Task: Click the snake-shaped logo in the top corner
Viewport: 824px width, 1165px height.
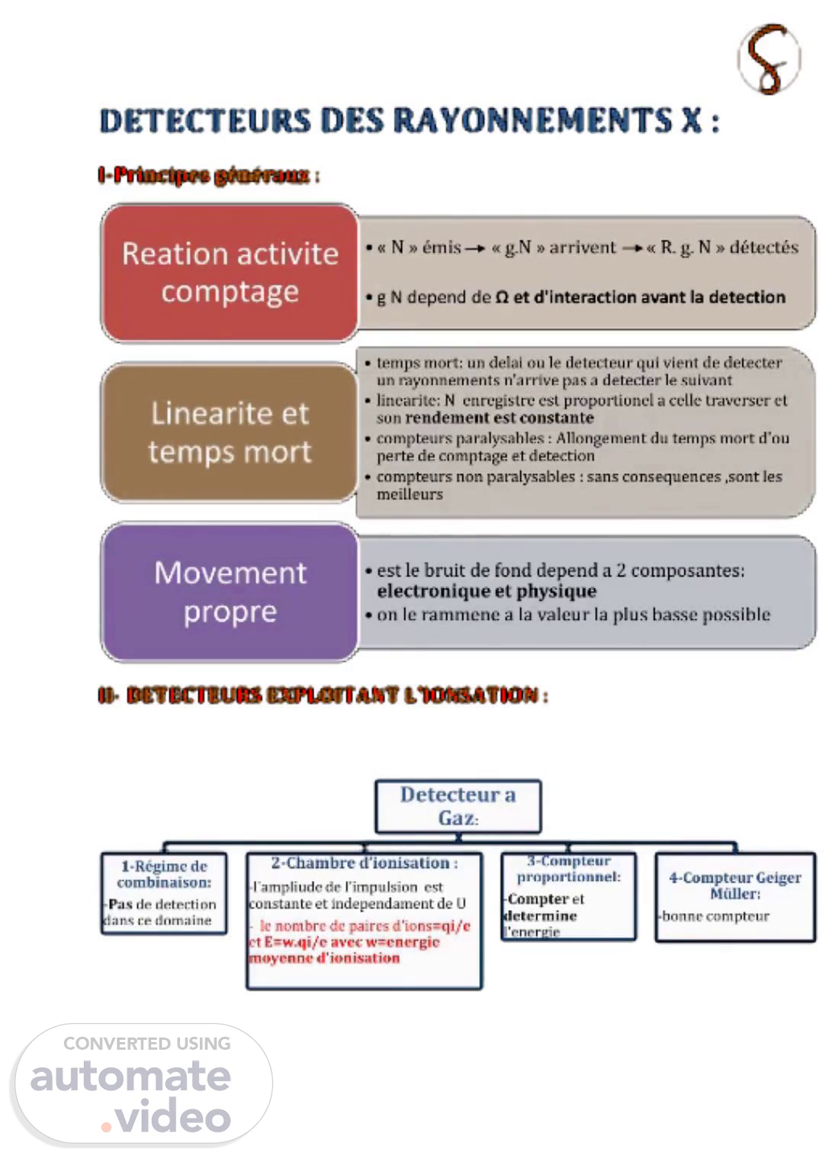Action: (x=769, y=59)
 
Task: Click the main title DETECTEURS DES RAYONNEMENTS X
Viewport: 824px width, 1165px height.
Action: (x=409, y=121)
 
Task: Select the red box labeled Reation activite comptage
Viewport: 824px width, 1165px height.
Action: (x=230, y=273)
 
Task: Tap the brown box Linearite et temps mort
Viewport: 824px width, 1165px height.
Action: (x=230, y=432)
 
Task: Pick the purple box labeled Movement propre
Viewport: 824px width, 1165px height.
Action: (x=230, y=592)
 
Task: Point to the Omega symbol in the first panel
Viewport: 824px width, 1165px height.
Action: (x=501, y=297)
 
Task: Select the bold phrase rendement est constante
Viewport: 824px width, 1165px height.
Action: (x=499, y=418)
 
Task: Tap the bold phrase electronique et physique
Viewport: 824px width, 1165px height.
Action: (x=486, y=591)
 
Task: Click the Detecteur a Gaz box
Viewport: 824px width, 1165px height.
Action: (x=458, y=806)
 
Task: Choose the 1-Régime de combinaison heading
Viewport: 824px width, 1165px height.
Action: (x=164, y=874)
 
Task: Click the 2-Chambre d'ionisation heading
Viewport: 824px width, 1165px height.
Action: (x=364, y=863)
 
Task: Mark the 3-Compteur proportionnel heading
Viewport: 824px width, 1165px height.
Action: (x=568, y=869)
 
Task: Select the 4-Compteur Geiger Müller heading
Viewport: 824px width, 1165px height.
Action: (x=735, y=886)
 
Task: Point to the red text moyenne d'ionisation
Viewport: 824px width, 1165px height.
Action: (x=324, y=958)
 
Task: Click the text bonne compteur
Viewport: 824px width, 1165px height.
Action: (x=716, y=916)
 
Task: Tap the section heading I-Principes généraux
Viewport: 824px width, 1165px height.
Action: (x=208, y=176)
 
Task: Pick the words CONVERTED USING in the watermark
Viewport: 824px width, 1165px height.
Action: (x=146, y=1044)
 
